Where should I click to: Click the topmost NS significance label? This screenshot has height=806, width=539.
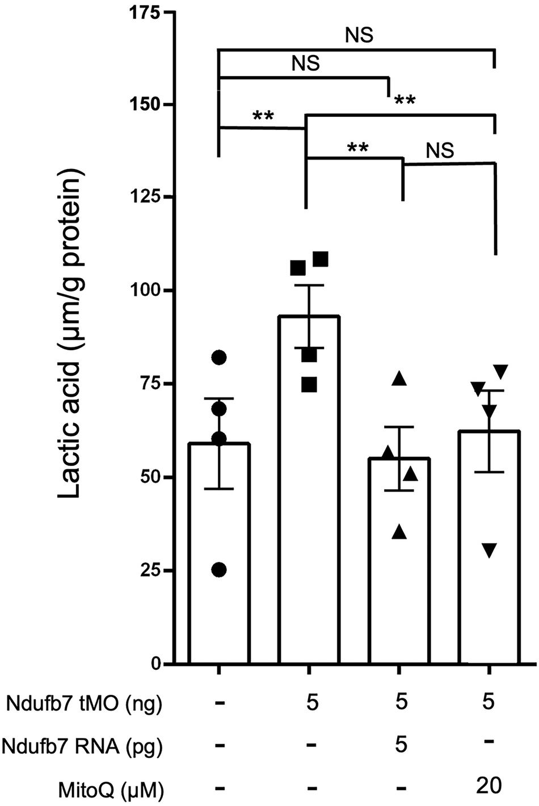(x=360, y=36)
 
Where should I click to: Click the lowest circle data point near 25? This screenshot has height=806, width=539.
(x=219, y=570)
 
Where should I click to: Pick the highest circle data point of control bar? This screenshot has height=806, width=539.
(x=219, y=357)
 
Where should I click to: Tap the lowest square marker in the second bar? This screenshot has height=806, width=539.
(x=309, y=385)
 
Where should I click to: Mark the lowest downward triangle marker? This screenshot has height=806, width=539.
(x=491, y=550)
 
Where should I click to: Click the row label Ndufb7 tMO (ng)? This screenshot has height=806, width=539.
(x=84, y=704)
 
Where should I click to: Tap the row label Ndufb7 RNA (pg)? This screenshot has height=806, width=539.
(x=83, y=746)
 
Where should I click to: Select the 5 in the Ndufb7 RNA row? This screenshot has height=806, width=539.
(x=401, y=744)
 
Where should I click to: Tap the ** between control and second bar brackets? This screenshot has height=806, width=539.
(x=263, y=116)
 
